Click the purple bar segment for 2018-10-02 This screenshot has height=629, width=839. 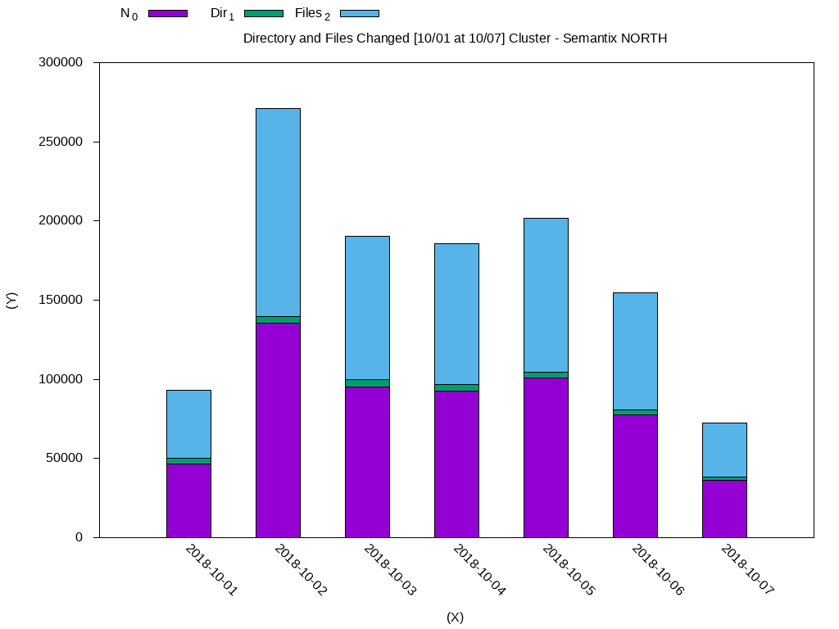pos(278,430)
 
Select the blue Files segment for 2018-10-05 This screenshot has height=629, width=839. pos(546,295)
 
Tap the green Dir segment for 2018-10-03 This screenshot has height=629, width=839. pos(367,382)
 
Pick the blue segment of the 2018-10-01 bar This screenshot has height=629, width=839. pos(188,423)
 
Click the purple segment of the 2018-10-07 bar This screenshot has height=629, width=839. pos(724,509)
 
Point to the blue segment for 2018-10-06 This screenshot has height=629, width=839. pos(635,351)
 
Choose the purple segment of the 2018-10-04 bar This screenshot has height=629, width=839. pos(456,464)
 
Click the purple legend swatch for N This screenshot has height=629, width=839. pos(168,13)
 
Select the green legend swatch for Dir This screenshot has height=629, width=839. pos(264,13)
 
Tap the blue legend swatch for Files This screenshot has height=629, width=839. pos(359,13)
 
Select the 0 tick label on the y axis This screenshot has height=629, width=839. pos(79,537)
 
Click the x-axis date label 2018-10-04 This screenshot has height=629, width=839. pos(478,571)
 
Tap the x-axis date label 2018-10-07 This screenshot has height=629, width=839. pos(746,571)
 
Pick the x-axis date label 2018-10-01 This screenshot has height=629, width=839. pos(211,571)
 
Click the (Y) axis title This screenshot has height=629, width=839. pos(11,300)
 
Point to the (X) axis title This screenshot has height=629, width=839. pos(456,618)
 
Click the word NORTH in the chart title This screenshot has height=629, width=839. pos(645,38)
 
